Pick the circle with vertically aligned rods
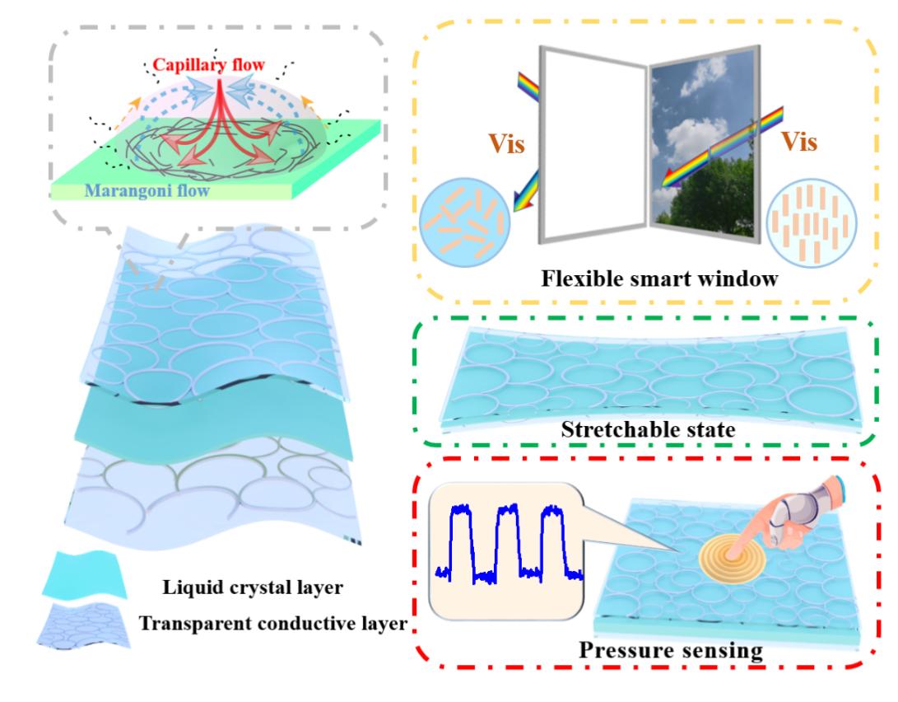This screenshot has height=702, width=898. pos(812,222)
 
